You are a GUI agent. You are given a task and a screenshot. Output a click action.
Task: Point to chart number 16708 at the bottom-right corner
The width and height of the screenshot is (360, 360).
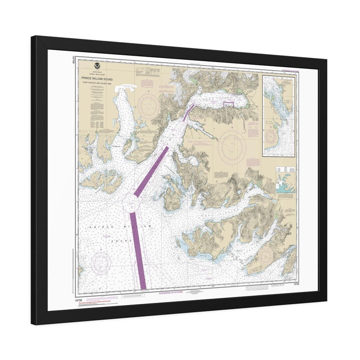[296, 284]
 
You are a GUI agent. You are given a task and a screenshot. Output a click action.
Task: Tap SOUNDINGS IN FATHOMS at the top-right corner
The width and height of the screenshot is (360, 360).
[286, 69]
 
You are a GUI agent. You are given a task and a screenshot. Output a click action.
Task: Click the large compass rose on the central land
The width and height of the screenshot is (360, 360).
[232, 145]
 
